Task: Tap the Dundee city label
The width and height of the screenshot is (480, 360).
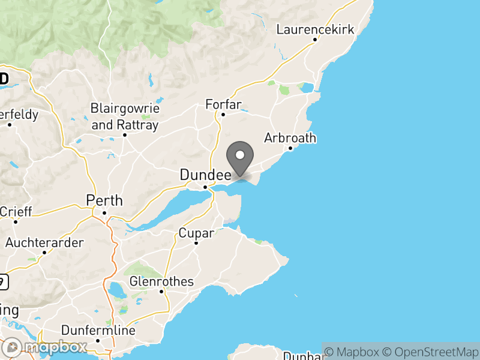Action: coord(206,175)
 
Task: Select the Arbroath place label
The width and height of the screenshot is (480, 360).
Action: coord(290,138)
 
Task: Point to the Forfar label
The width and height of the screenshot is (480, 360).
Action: coord(223,104)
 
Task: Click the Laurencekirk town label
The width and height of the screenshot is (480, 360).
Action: coord(315,29)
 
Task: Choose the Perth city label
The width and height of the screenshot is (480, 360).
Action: coord(104,200)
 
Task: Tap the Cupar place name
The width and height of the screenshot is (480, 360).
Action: coord(196,233)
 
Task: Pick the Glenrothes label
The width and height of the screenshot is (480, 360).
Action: coord(162,281)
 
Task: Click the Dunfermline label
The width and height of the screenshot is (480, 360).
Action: coord(98,331)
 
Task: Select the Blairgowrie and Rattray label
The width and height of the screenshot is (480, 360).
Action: coord(125,117)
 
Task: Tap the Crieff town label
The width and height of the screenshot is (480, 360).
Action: coord(16,212)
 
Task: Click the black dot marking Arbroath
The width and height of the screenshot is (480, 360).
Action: coord(290,148)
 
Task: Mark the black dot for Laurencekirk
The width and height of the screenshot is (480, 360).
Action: coord(315,40)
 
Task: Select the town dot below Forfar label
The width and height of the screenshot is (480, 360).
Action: coord(223,114)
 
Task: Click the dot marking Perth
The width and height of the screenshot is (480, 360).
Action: coord(104,212)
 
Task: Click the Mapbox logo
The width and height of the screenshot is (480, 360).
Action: coord(46,347)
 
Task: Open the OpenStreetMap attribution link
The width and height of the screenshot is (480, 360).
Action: coord(433,351)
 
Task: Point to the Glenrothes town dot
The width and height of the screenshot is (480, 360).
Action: coord(162,292)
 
